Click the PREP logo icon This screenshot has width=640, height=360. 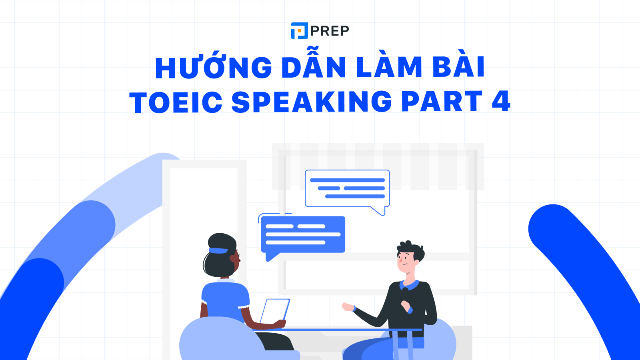click(x=299, y=31)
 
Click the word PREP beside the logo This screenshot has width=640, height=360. click(x=330, y=31)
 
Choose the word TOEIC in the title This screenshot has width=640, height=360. click(x=176, y=102)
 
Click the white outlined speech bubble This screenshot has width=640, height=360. click(x=347, y=188)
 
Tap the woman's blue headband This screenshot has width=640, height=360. click(x=218, y=251)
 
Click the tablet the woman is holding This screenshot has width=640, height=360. click(x=275, y=311)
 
